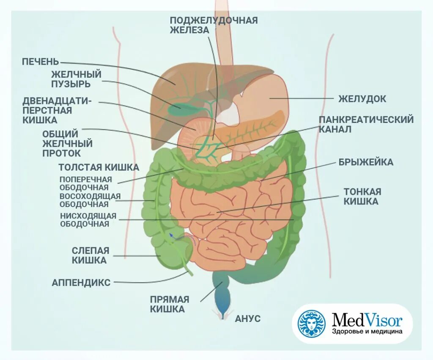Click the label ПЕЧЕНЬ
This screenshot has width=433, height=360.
coord(40,62)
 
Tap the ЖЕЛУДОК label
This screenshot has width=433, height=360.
coord(362,99)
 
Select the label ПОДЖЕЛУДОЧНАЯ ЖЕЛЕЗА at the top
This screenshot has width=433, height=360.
coord(214,25)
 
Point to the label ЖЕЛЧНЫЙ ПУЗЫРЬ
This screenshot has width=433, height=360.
coord(77,79)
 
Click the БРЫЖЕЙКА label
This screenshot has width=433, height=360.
coord(366,162)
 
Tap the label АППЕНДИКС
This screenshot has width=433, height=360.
coord(81,282)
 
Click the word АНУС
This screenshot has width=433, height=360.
coord(248,319)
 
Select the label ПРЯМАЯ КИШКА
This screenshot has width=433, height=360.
coord(169,304)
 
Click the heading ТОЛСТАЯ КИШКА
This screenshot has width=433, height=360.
coord(99,167)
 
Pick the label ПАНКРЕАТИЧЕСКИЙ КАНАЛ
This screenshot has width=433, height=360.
coord(366,124)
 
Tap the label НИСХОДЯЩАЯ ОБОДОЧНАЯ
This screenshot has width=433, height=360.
coord(88,220)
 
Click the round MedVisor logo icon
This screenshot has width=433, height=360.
coord(312,323)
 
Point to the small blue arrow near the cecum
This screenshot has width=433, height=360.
coord(171,236)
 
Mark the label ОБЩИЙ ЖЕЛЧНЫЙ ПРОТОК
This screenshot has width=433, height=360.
coord(67,143)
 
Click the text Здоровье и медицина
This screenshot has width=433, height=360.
coord(367,332)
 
